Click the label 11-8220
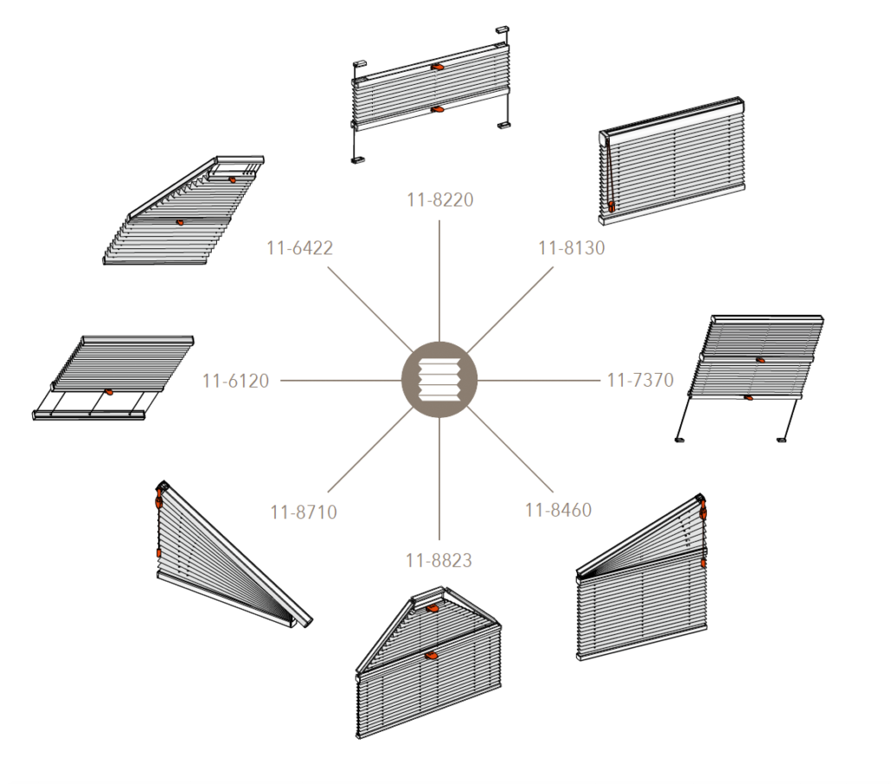tap(439, 200)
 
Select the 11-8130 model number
tap(572, 247)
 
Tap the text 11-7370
tap(640, 380)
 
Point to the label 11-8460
tap(558, 510)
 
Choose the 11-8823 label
tap(439, 561)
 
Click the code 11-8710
tap(304, 512)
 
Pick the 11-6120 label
tap(236, 381)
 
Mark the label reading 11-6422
tap(299, 247)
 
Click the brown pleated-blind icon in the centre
tap(439, 380)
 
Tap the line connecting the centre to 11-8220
tap(439, 281)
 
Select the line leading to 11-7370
tap(538, 380)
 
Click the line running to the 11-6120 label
tap(341, 381)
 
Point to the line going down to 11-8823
tap(439, 479)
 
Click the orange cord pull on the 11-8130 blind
tap(612, 206)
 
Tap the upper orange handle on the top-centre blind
tap(437, 67)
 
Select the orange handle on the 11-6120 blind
tap(109, 392)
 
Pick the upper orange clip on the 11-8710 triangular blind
tap(159, 500)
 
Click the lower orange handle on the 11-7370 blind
tap(748, 397)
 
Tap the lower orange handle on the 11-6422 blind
tap(180, 222)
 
